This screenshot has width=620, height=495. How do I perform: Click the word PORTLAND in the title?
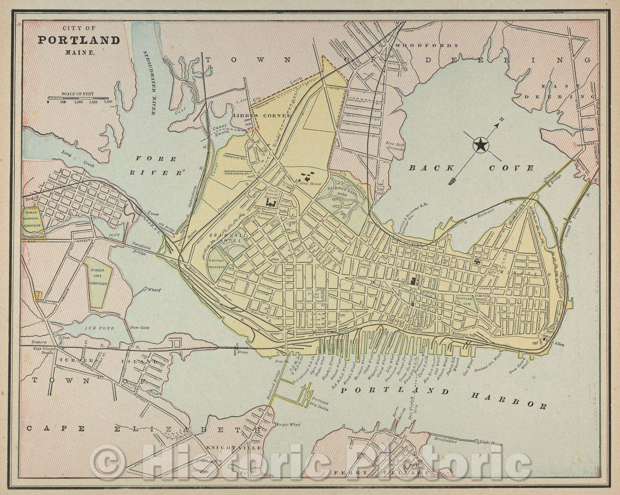pyautogui.click(x=79, y=40)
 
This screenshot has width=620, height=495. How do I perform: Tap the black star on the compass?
pyautogui.click(x=481, y=146)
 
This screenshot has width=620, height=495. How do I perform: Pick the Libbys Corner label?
pyautogui.click(x=262, y=115)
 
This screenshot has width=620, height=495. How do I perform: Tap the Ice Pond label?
pyautogui.click(x=100, y=328)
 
